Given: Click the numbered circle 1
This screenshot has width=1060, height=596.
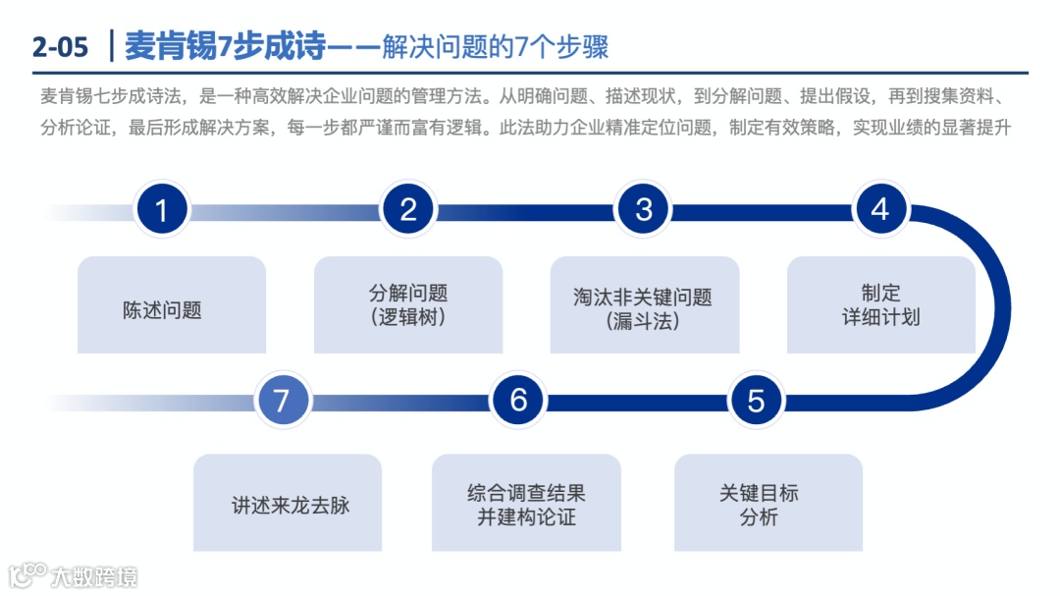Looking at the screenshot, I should coord(162,210).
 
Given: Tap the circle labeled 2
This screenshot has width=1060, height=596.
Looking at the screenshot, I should coord(408,210).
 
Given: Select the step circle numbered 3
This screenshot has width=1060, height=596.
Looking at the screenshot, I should coord(644,210).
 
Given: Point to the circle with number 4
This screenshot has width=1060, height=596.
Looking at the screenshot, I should coord(879,210).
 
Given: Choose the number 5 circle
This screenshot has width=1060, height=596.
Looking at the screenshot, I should coord(756,401).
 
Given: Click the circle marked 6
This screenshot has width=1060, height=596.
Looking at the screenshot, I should coord(518,401).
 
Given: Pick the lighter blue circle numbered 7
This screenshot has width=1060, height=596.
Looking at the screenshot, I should coord(282,401).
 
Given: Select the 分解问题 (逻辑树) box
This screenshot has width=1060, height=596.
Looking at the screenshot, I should coord(408,305).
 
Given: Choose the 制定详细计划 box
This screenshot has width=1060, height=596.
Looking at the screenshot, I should coord(880,305).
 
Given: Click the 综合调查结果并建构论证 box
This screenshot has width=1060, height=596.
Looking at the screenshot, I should coord(526,503).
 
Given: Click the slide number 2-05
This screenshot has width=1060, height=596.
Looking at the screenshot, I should coord(60,46).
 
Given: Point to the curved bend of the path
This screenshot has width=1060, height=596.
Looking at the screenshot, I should coord(996,304).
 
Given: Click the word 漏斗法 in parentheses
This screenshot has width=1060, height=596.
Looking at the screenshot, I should coord(644,321).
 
